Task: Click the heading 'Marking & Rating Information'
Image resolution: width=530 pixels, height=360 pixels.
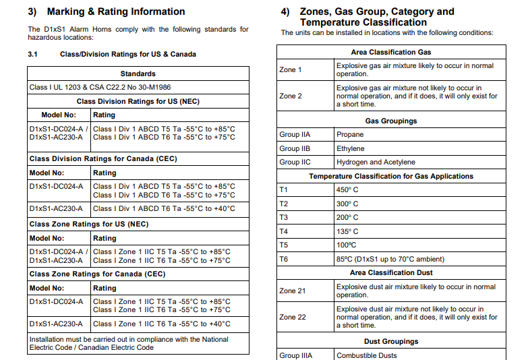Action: click(x=115, y=11)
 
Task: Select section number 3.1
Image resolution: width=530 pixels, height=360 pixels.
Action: click(x=33, y=54)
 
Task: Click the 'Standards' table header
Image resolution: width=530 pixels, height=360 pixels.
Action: click(x=138, y=73)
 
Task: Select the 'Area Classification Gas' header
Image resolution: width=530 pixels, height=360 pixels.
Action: click(x=391, y=52)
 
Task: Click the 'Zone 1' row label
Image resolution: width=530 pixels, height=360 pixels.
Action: click(x=291, y=70)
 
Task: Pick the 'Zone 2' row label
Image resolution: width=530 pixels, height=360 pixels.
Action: click(x=291, y=96)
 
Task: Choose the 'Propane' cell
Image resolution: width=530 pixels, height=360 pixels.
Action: click(x=350, y=135)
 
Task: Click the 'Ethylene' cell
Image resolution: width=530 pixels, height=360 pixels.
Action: click(x=350, y=148)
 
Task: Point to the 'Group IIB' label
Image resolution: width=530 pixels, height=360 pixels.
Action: click(x=295, y=148)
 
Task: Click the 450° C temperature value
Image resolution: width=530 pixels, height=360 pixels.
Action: click(x=347, y=190)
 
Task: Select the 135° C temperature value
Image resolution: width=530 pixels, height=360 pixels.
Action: click(x=347, y=231)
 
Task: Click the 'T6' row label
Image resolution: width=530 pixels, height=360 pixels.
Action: click(x=284, y=259)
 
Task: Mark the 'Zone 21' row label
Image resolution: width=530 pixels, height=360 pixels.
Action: click(x=293, y=291)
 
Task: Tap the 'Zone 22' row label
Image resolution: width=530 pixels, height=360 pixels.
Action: click(x=293, y=317)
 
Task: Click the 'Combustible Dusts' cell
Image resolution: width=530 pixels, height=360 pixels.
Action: click(x=367, y=355)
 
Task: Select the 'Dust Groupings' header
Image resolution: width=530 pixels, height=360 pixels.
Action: click(x=391, y=342)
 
